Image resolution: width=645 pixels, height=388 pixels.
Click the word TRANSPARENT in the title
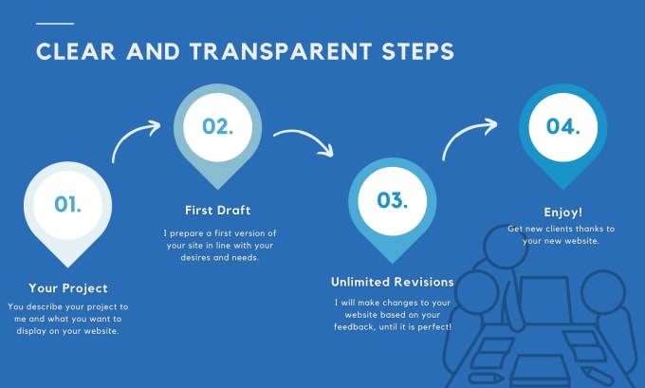[281, 52]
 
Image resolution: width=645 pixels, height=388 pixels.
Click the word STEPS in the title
[417, 52]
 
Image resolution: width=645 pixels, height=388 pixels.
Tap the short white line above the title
[55, 24]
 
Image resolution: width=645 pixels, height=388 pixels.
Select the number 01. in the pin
[68, 204]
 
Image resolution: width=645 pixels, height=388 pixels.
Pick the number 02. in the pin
[217, 126]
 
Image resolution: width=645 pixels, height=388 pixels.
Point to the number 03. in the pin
[393, 200]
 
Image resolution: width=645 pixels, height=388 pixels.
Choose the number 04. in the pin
[563, 126]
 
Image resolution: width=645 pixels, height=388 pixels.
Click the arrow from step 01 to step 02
[131, 134]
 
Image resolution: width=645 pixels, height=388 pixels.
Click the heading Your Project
[68, 288]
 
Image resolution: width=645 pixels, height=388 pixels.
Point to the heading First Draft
[217, 211]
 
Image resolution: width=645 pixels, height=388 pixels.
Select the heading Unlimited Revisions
[393, 282]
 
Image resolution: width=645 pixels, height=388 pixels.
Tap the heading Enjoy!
[563, 212]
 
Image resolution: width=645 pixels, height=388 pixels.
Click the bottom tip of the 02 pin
[217, 190]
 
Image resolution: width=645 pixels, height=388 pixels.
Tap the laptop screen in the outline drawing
[545, 299]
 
